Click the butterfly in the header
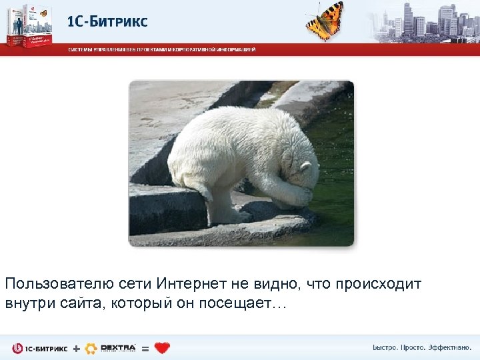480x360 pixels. point(325,20)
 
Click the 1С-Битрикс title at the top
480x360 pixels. point(107,21)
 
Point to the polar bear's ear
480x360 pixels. point(305,166)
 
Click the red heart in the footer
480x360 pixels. point(162,348)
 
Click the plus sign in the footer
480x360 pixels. point(75,348)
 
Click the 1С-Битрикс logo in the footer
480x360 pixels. point(40,348)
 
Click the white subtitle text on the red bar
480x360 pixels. point(160,49)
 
